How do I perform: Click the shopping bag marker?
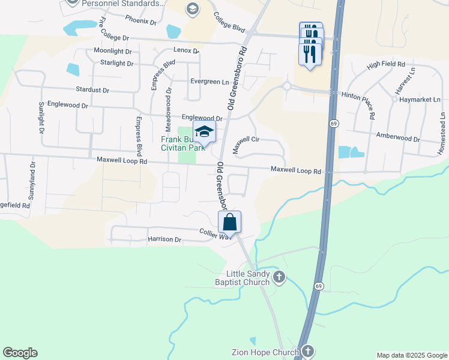(x=229, y=222)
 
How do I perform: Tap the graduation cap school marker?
(x=204, y=131)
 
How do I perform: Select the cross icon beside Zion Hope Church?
(x=307, y=351)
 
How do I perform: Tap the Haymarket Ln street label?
(x=420, y=99)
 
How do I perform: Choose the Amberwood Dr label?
(x=397, y=138)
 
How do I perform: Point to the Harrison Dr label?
(x=164, y=239)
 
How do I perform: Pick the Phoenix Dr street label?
(x=140, y=21)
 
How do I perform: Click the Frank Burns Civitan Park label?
(x=182, y=143)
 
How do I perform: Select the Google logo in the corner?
(x=20, y=353)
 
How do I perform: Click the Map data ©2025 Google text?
(x=411, y=355)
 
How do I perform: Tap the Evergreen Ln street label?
(x=209, y=82)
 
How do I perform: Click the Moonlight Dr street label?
(x=112, y=51)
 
